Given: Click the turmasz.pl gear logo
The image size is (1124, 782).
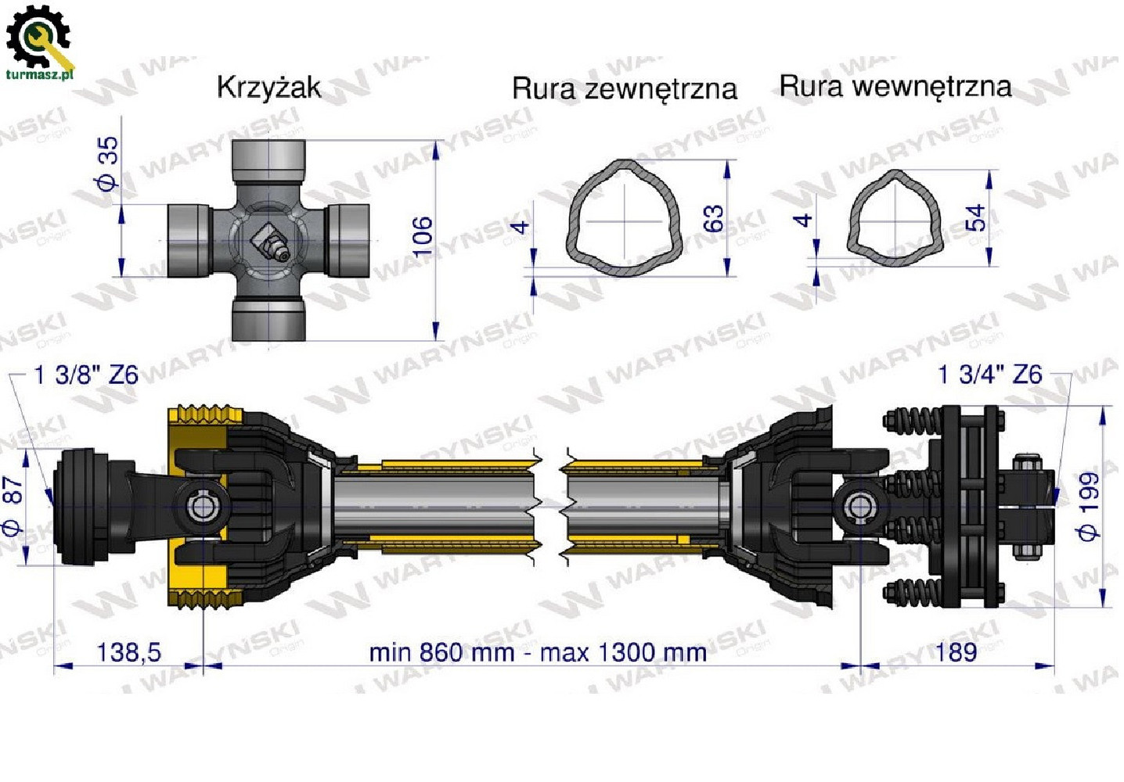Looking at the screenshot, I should point(38,39).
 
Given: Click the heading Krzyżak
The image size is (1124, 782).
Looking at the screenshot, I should point(268,87).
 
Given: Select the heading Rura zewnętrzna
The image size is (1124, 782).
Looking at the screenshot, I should point(624,88).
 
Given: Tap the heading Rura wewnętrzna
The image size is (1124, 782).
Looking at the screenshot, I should point(895,86).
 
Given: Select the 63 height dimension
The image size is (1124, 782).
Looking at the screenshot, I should point(713,218).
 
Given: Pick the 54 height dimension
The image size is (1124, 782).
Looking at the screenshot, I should point(975,217).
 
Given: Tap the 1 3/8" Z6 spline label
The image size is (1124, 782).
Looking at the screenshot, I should point(86,375).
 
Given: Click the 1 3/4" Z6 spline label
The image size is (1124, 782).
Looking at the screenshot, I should point(989,375).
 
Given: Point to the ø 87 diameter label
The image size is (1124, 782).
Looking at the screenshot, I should point(13,504).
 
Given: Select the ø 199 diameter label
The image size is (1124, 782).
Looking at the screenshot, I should point(1089,505).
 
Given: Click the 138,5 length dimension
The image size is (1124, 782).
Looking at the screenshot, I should point(128,651).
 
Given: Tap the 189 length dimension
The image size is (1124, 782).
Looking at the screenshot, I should point(956,651).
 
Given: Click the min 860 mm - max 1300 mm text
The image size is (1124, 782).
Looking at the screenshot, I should point(538,652).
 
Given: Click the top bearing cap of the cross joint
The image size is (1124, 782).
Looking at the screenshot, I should point(268,161).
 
